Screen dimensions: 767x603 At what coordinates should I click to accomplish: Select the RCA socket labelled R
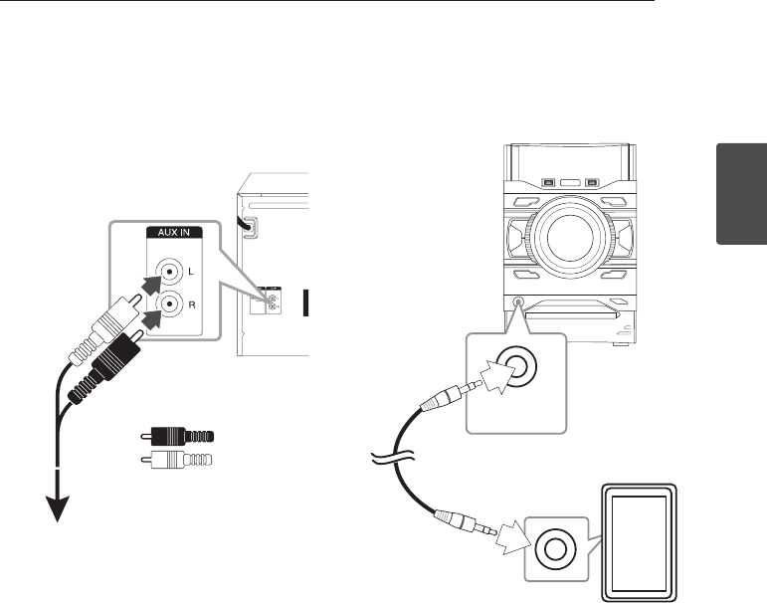click(172, 305)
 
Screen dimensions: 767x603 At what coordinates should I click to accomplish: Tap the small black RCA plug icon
click(177, 437)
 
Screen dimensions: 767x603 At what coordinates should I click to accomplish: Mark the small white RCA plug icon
click(177, 461)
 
